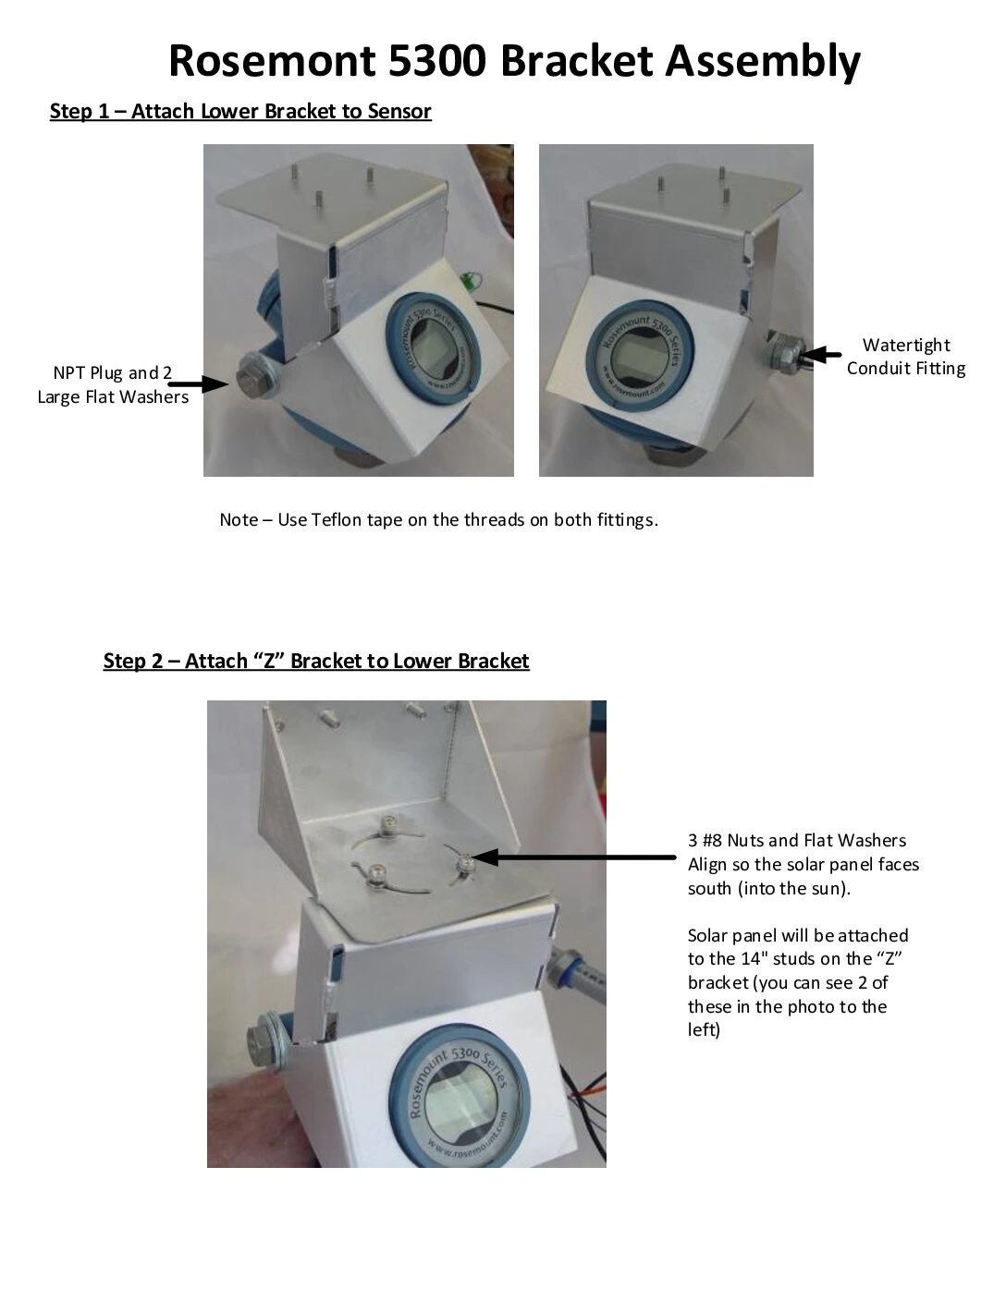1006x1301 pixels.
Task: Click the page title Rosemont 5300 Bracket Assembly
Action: (514, 61)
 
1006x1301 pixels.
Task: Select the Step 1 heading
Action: (240, 112)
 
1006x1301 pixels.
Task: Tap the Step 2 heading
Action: (316, 662)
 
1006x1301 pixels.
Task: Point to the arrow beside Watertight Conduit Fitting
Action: (821, 355)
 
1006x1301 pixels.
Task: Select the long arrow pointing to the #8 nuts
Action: (573, 857)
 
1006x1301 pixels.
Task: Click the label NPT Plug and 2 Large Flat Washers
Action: (113, 385)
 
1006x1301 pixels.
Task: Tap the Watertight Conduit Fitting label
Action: (905, 357)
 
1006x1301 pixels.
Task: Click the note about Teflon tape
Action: (438, 519)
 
